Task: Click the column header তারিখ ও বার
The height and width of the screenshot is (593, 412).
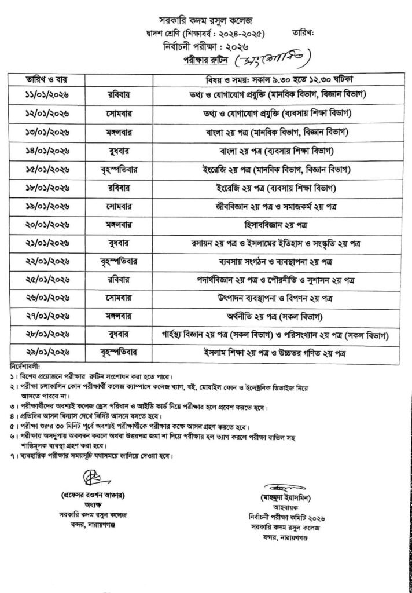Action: click(41, 78)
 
